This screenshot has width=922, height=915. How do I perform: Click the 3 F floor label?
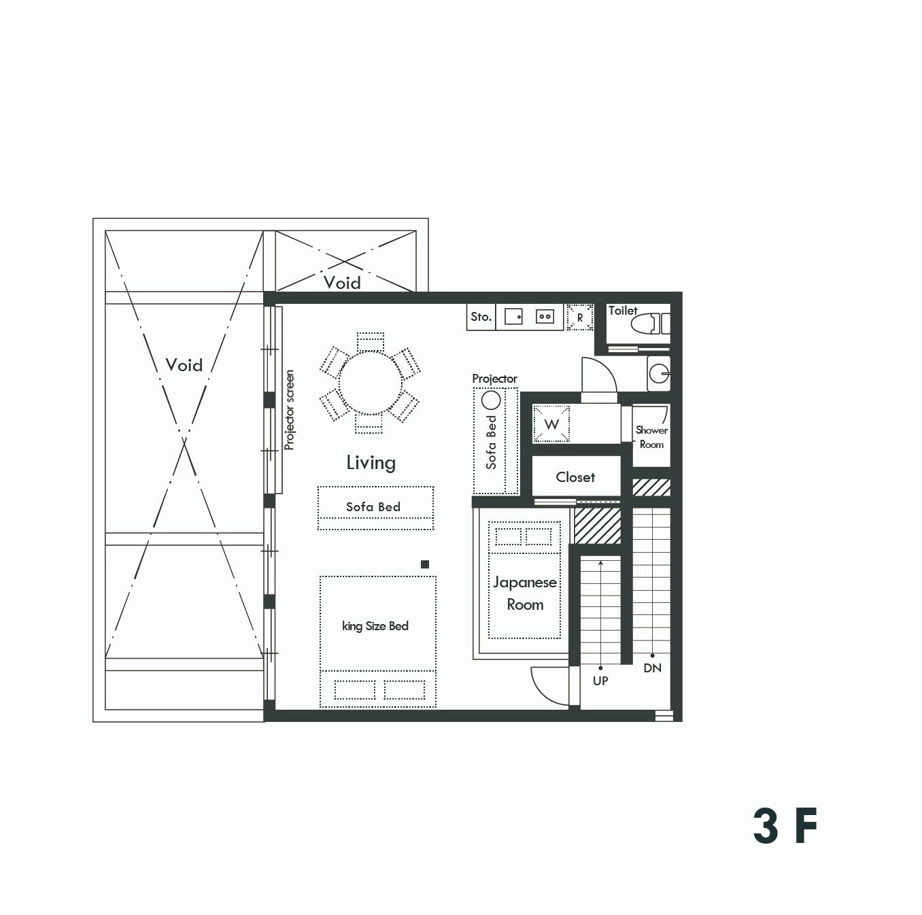[x=785, y=826]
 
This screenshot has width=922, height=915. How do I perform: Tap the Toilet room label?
[x=623, y=311]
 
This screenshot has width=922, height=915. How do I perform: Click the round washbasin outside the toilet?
[x=660, y=373]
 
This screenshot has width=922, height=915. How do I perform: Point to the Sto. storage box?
[x=481, y=317]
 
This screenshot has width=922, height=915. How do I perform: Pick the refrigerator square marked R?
[x=580, y=317]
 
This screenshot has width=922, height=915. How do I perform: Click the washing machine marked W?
[x=551, y=424]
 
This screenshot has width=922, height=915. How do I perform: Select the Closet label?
[x=576, y=477]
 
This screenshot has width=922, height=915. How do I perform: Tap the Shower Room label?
[x=651, y=437]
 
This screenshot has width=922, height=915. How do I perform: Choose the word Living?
[x=371, y=463]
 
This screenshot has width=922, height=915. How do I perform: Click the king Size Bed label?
[x=375, y=626]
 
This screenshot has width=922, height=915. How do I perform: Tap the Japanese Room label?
[x=525, y=593]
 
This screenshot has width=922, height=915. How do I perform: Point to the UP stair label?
[x=600, y=680]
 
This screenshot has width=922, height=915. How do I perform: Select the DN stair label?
[x=653, y=668]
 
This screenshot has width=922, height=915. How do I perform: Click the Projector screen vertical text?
[x=289, y=410]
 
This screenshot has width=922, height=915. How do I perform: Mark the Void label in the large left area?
[x=184, y=365]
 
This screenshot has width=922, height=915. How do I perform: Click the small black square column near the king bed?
[x=425, y=564]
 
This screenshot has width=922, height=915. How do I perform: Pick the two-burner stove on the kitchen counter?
[x=545, y=317]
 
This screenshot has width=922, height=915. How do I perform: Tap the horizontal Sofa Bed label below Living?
[x=373, y=507]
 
